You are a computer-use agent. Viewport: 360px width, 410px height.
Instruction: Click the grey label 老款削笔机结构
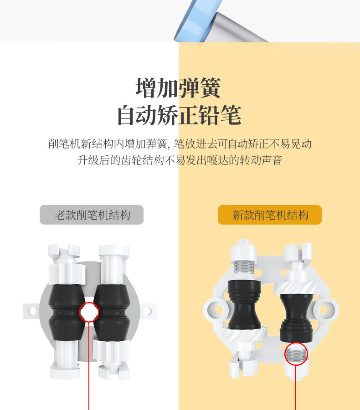[92, 215]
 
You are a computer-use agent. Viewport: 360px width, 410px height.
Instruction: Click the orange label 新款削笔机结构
[270, 215]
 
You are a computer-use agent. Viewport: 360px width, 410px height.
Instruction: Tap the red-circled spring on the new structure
[296, 354]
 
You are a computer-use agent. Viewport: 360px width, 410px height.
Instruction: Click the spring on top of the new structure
[244, 266]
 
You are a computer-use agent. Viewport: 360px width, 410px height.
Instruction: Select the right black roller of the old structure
[112, 313]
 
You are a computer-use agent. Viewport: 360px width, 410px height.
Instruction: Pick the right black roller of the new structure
[296, 318]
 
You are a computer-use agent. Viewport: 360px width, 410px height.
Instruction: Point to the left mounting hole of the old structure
[32, 311]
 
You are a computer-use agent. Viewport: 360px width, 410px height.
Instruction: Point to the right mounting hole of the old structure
[147, 311]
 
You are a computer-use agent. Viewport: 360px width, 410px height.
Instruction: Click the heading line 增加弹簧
[178, 88]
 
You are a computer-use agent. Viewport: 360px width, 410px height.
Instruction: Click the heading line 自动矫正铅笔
[179, 115]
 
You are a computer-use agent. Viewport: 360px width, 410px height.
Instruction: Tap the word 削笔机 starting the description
[64, 144]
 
